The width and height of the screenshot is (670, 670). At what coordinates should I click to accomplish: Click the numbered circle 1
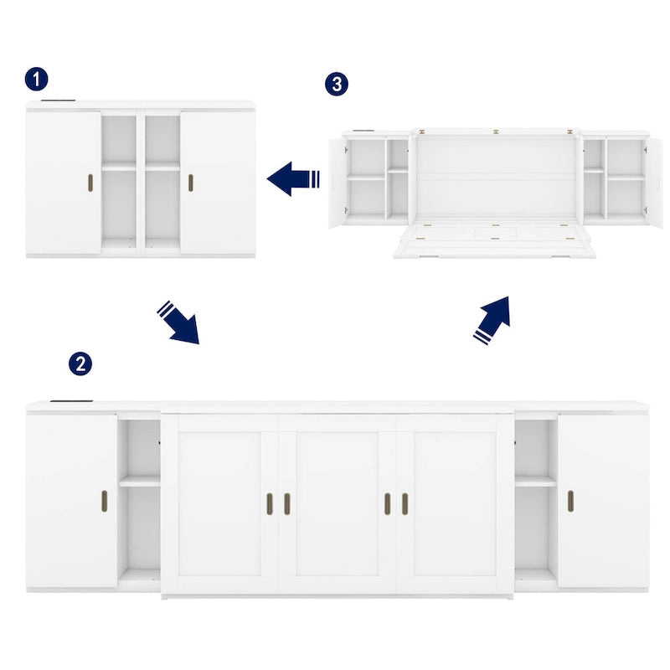(x=36, y=80)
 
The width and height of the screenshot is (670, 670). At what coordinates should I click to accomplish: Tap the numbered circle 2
(x=80, y=363)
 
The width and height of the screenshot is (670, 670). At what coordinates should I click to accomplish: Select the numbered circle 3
(x=336, y=84)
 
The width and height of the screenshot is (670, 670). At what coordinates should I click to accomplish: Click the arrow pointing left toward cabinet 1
(x=293, y=178)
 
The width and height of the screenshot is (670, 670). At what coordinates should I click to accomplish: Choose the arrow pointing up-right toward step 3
(x=492, y=319)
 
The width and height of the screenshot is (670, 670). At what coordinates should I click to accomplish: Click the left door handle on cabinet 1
(x=90, y=184)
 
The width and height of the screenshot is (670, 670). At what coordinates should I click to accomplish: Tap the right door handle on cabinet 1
(x=190, y=184)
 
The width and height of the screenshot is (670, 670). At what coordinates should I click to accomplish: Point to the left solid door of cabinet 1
(x=63, y=180)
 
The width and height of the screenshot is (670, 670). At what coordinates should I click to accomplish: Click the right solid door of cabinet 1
(x=218, y=180)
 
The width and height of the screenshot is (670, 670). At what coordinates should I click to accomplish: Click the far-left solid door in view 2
(x=71, y=500)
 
